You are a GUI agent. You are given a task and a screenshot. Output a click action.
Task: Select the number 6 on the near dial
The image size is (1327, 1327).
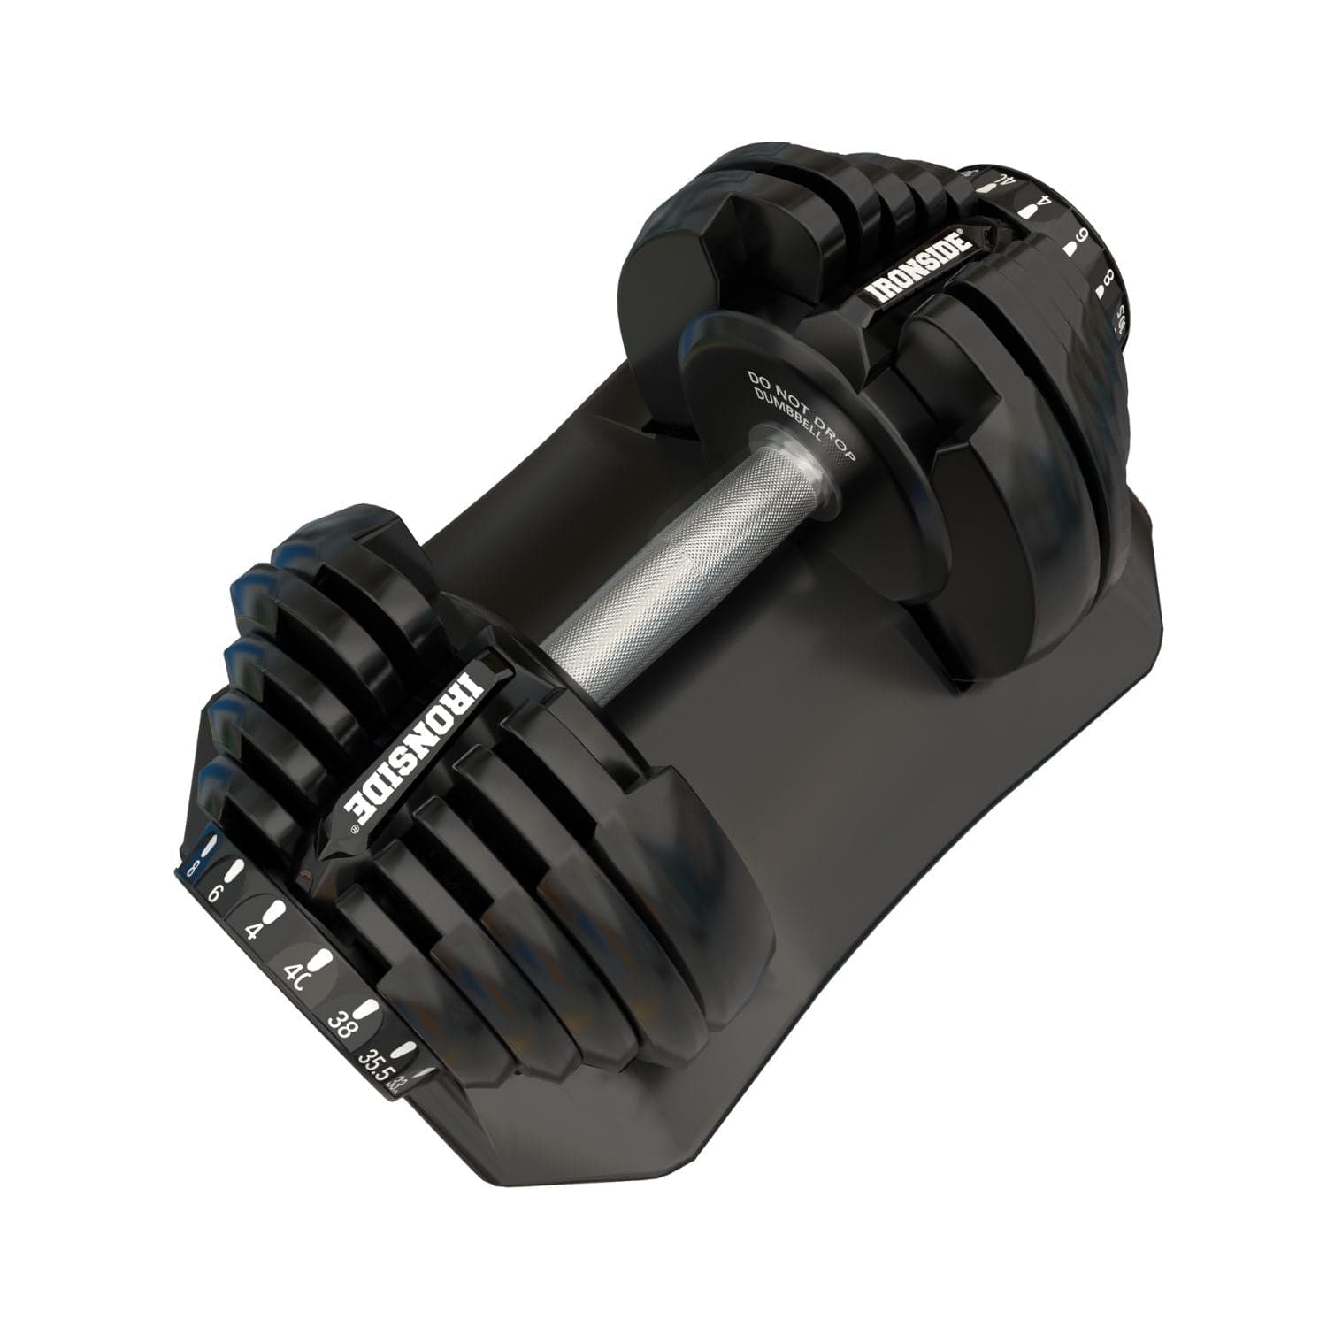(212, 894)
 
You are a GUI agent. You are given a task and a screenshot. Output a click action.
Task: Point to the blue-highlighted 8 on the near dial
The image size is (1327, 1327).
(188, 870)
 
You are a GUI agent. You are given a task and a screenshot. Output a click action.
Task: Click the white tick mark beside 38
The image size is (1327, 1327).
(364, 1008)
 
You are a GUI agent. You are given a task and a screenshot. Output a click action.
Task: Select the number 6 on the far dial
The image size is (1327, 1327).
(1081, 240)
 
